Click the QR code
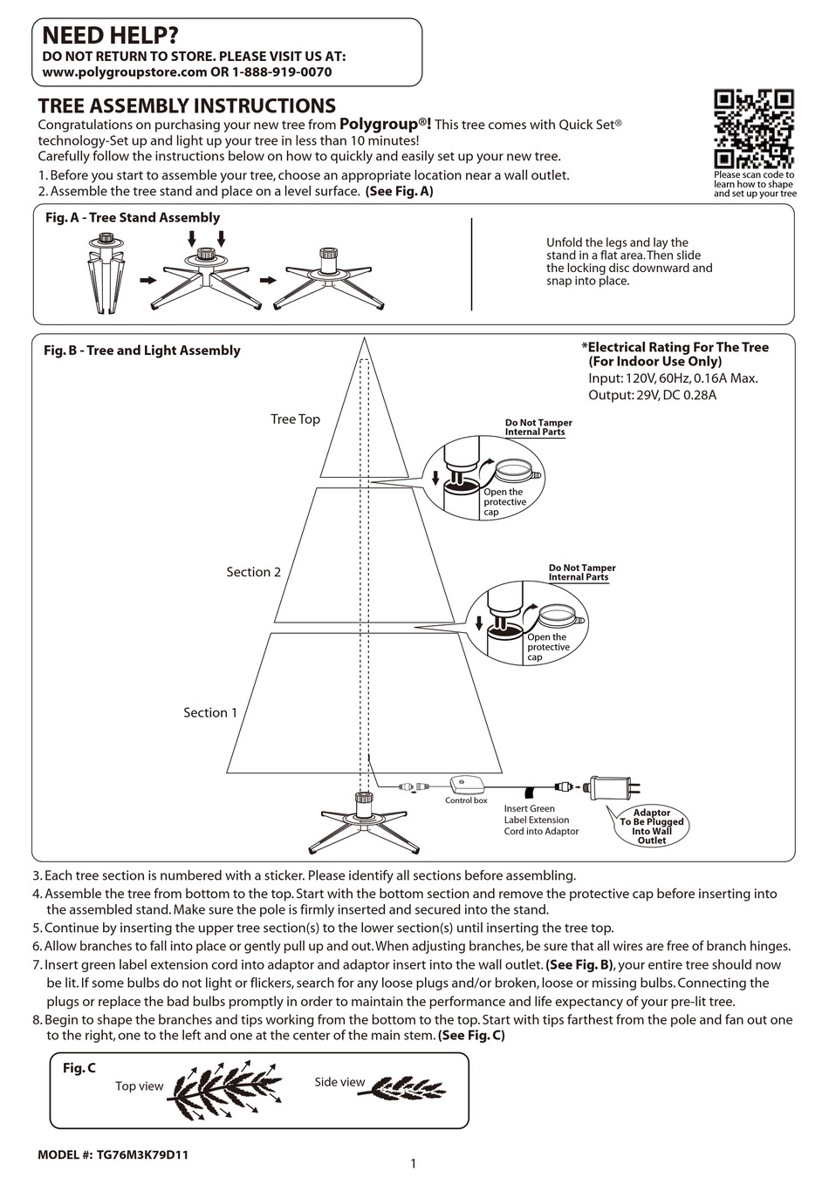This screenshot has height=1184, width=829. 754,128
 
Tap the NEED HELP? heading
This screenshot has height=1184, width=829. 110,35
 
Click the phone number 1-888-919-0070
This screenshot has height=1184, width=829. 282,72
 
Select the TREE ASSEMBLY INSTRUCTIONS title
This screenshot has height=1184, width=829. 187,105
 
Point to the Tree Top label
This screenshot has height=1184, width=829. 295,419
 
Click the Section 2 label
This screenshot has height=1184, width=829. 253,572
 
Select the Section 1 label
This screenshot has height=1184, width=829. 209,712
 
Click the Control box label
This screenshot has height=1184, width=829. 466,800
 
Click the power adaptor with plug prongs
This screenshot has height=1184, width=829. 616,786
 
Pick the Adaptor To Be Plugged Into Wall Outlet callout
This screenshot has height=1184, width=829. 652,826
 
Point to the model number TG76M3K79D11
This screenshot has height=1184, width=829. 113,1154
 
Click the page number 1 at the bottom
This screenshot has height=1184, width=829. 413,1163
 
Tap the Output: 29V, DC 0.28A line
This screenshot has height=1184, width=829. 653,395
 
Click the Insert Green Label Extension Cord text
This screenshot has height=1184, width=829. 541,820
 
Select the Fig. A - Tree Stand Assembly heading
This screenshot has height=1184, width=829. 133,218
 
